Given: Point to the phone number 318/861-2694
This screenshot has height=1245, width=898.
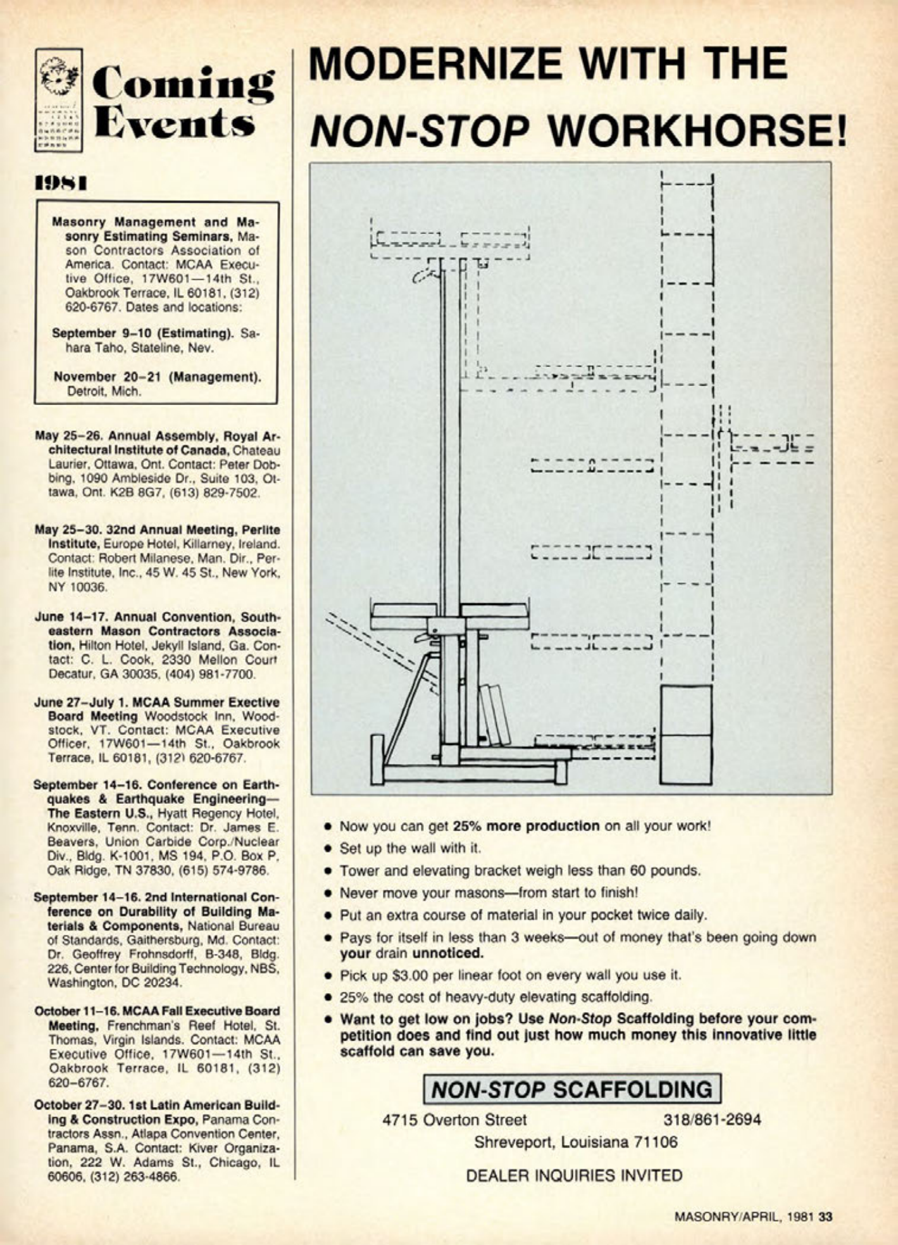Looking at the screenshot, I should click(711, 1120).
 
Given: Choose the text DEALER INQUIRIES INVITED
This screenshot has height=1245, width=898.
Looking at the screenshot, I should click(573, 1176).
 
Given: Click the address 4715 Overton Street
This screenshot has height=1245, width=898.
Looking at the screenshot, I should click(455, 1120).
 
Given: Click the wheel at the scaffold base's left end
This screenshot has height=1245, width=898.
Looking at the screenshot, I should click(377, 762).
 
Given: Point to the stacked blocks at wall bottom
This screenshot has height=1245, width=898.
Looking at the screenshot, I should click(686, 735).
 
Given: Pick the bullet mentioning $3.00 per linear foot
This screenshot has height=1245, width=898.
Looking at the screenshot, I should click(510, 975).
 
